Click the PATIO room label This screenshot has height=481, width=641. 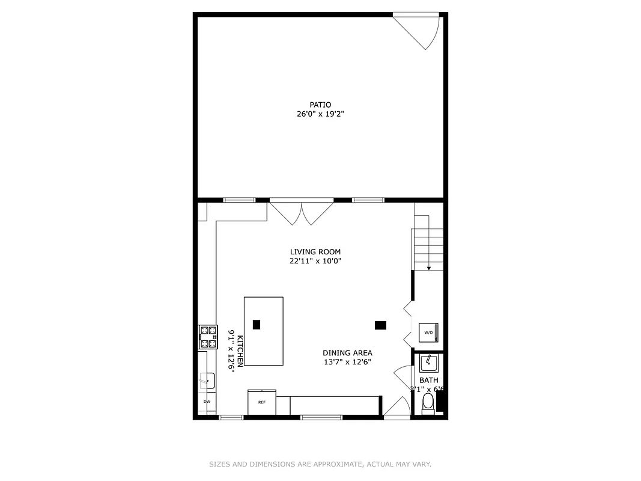(x=320, y=105)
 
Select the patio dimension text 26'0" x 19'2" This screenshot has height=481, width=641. (x=320, y=114)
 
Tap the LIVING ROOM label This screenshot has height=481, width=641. (x=315, y=252)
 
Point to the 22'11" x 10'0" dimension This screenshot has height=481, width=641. (x=315, y=261)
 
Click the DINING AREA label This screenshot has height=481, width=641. (x=347, y=353)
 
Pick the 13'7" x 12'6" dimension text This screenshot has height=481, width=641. (x=347, y=362)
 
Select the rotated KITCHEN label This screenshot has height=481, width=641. (x=240, y=351)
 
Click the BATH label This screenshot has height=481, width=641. (x=429, y=381)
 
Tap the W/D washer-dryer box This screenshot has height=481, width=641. (x=429, y=332)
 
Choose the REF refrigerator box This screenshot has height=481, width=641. (x=262, y=402)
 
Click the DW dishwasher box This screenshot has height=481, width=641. (x=207, y=402)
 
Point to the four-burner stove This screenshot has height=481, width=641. (x=208, y=337)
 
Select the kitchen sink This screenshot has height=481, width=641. (x=207, y=381)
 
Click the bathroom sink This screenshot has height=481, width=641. (x=429, y=363)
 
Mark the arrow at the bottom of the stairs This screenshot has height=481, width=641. (x=429, y=268)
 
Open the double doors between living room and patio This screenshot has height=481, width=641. (x=301, y=212)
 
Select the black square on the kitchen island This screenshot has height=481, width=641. (x=257, y=325)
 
